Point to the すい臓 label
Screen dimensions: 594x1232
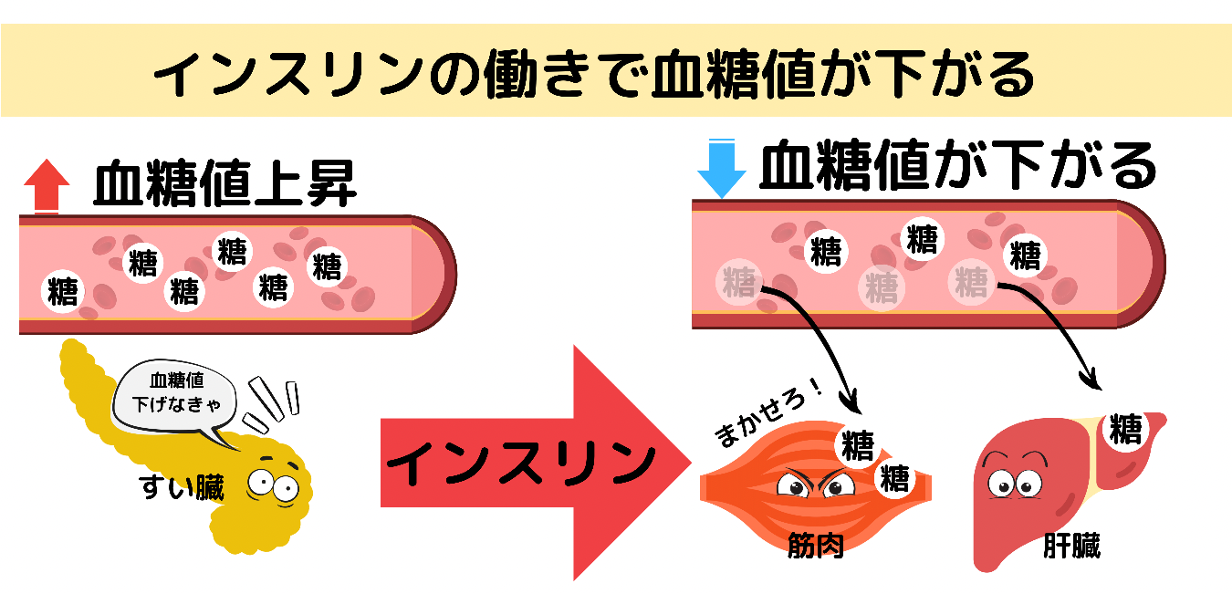(183, 488)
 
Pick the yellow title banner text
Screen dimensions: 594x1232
(593, 73)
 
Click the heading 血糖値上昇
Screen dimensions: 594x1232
(224, 185)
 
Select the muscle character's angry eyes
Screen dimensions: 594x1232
(809, 485)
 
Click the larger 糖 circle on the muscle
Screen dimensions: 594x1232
(857, 445)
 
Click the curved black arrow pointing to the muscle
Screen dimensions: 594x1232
(821, 338)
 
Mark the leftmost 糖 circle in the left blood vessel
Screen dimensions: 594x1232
(62, 293)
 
